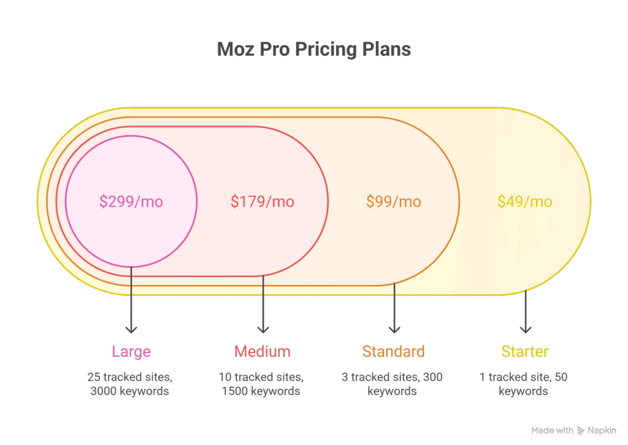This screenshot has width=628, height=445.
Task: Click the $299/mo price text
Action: tap(131, 201)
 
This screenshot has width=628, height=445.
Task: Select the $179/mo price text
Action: tap(262, 201)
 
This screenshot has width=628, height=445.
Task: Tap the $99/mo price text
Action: tap(394, 201)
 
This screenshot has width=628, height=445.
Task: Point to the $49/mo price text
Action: tap(525, 201)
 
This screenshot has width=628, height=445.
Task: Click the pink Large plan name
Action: tap(131, 352)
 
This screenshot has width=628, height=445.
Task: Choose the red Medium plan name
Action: tap(262, 352)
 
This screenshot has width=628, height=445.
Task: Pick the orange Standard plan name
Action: tap(394, 352)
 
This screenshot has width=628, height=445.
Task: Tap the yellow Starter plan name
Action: tap(525, 352)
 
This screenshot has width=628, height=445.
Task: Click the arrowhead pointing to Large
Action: tap(131, 329)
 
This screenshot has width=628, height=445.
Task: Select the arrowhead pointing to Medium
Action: tap(262, 329)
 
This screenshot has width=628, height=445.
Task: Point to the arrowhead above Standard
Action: tap(394, 329)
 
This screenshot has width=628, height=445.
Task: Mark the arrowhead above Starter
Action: tap(525, 329)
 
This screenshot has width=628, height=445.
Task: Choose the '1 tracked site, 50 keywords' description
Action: tap(524, 384)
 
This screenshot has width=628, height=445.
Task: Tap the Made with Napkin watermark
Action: tap(573, 431)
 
